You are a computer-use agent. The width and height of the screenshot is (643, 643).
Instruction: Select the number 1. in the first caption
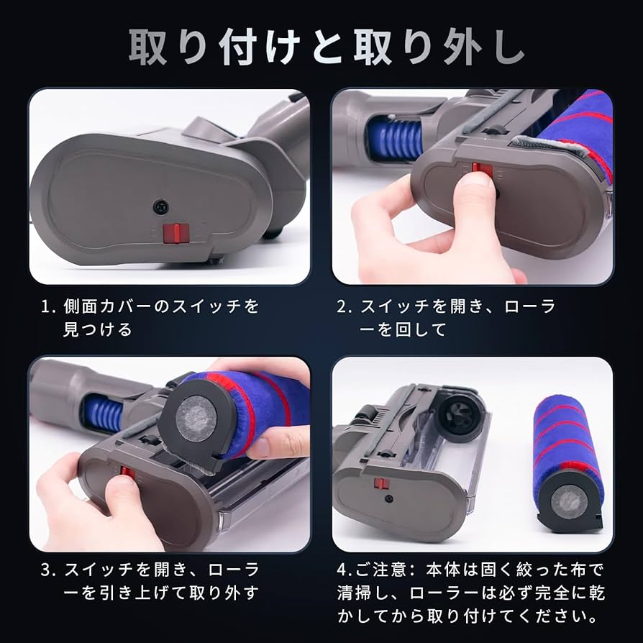[x=49, y=306]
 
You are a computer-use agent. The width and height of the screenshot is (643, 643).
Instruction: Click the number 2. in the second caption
[x=345, y=306]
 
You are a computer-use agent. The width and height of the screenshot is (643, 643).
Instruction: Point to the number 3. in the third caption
[x=49, y=570]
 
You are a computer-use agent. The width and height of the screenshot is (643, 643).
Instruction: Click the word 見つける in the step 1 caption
[x=98, y=329]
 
